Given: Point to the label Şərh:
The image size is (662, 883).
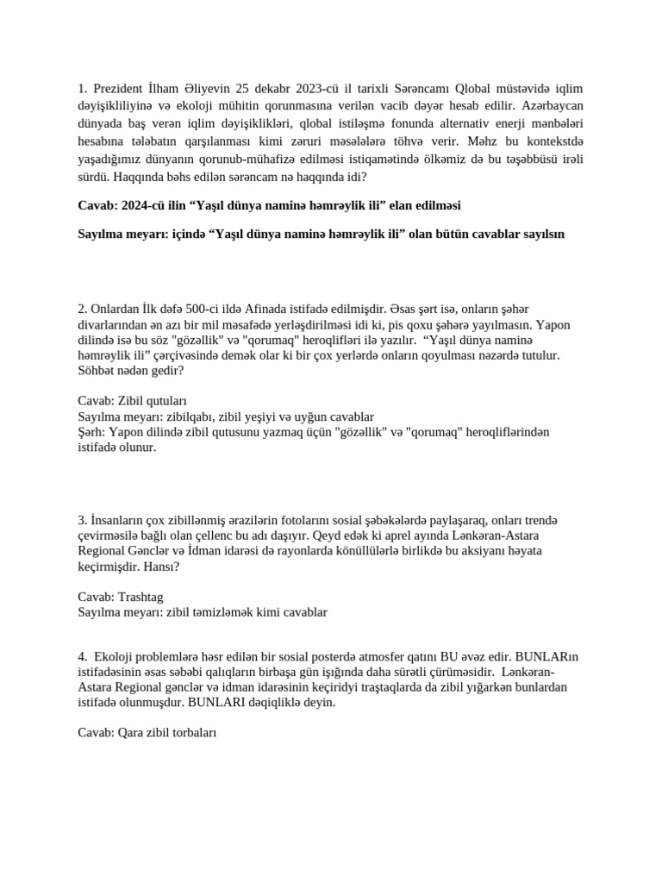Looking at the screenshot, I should [91, 432].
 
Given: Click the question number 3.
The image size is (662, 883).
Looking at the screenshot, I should [82, 520].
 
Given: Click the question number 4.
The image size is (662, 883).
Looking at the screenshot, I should [82, 656].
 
